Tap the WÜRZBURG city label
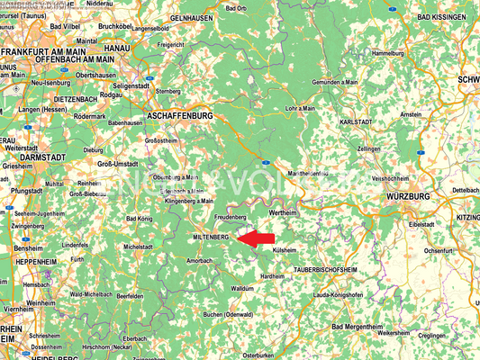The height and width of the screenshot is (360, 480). (407, 195)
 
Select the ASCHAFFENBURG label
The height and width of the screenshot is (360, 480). (179, 116)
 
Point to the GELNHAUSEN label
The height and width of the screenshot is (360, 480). (190, 18)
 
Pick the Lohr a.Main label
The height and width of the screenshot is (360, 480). (299, 108)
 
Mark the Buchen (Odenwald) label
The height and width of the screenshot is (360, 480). (226, 314)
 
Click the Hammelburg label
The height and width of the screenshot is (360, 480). (388, 54)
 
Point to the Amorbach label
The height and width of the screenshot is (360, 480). (198, 260)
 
